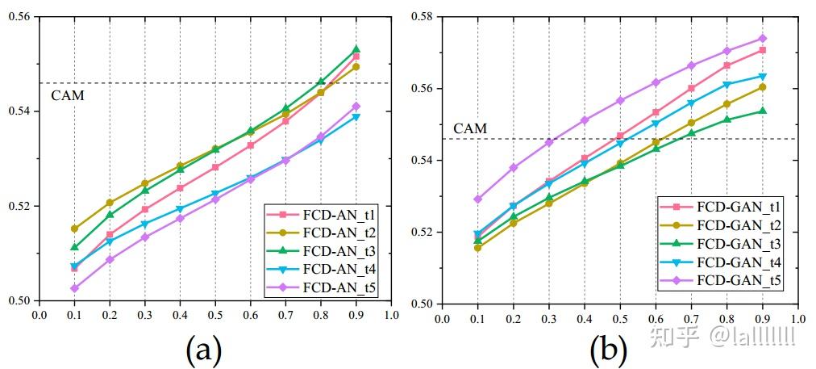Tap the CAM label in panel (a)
67,95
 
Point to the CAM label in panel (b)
469,128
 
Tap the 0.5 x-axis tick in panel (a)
215,315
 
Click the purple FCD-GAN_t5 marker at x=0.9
762,38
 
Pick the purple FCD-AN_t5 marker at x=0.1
74,288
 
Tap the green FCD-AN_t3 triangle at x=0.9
356,49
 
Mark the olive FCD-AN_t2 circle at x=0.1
74,229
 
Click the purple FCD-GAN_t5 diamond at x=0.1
477,199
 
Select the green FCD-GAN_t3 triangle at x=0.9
762,111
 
